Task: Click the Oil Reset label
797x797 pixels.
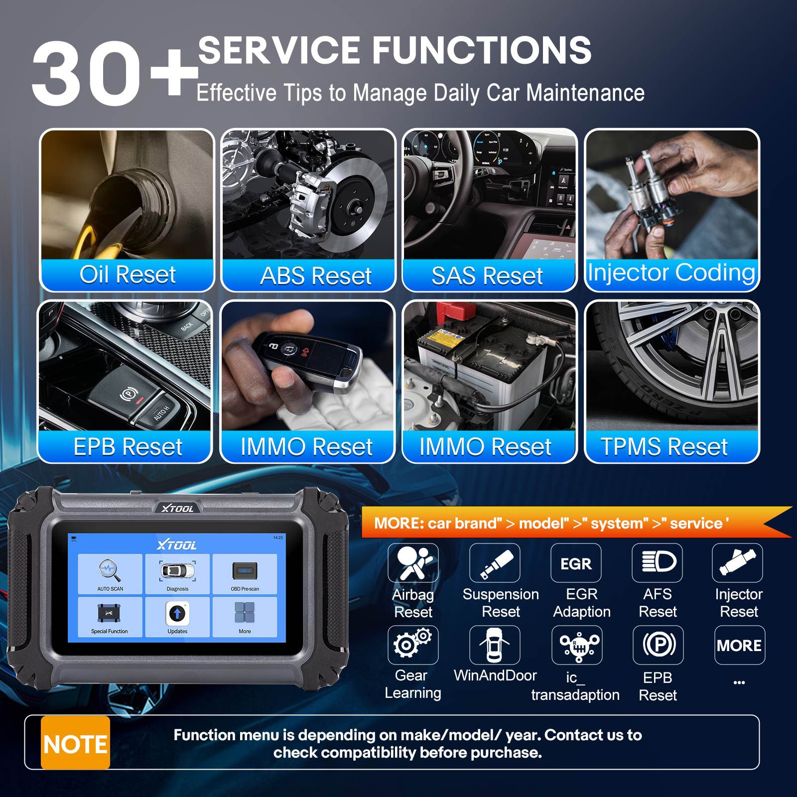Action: (128, 274)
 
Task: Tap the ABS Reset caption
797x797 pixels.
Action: (316, 275)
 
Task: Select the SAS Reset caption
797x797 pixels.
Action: (487, 275)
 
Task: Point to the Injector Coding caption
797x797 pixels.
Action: (671, 272)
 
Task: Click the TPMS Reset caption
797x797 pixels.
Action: (664, 446)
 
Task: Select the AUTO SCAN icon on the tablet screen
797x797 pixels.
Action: (110, 573)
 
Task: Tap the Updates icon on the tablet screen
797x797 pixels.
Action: (177, 616)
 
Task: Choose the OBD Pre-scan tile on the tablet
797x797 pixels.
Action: (245, 573)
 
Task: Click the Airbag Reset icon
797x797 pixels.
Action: (413, 563)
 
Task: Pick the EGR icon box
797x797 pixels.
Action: (576, 563)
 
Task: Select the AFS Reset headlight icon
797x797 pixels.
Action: (657, 563)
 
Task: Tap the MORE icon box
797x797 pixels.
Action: (739, 646)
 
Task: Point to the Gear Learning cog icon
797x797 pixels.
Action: (413, 645)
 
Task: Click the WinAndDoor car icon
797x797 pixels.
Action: (494, 645)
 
